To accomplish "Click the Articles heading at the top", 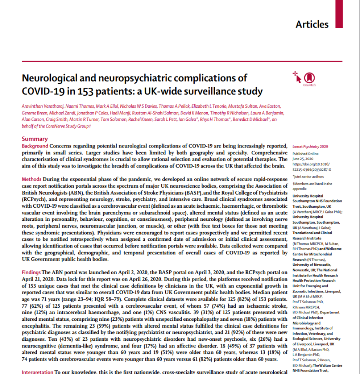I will click(x=312, y=24).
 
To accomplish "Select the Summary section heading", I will click(x=35, y=139).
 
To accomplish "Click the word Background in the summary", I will click(x=35, y=146).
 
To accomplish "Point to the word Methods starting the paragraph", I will click(x=32, y=179).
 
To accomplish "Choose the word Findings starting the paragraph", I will click(x=31, y=272).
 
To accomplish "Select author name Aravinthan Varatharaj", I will click(x=42, y=106).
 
